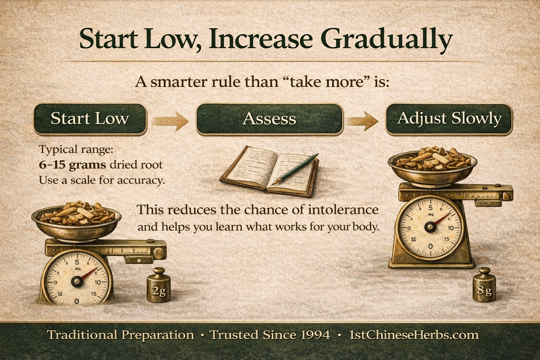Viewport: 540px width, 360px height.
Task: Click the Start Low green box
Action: tap(90, 119)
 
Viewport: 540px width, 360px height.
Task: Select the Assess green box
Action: tap(269, 119)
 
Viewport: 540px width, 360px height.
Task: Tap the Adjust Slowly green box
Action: tap(449, 119)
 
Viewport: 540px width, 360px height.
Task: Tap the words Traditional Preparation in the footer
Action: tap(120, 335)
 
